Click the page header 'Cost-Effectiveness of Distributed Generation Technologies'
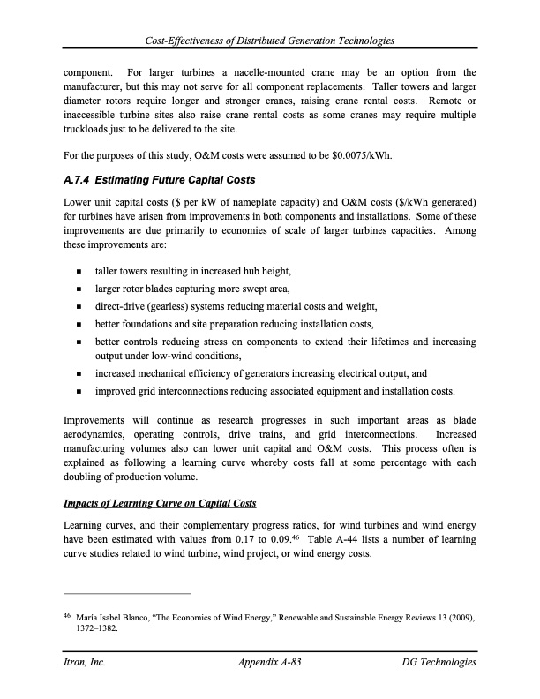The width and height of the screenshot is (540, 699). (x=270, y=41)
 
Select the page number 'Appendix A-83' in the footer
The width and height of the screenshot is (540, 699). (x=271, y=662)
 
